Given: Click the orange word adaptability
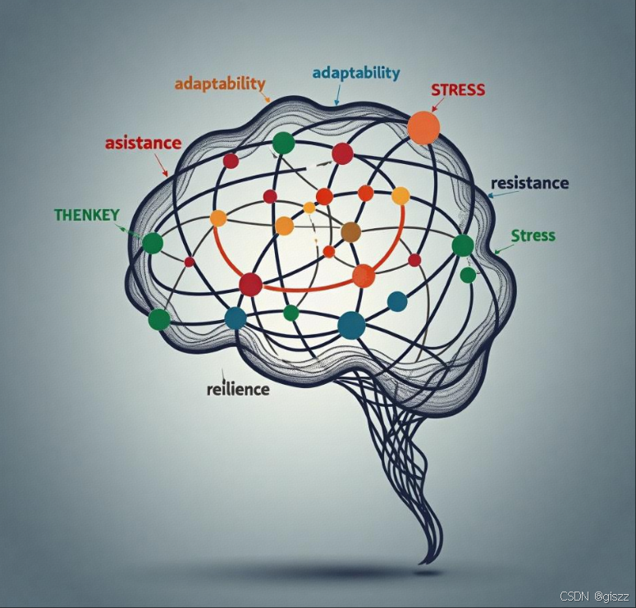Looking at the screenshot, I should (x=220, y=84).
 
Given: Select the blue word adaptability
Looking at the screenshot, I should (x=356, y=72).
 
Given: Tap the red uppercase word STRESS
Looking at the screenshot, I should (x=457, y=89).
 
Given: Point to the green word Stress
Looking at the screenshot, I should (x=533, y=236).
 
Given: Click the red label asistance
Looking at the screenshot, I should (x=143, y=143).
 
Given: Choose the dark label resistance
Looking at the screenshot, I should (x=529, y=183).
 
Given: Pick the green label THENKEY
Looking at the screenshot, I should (x=86, y=215).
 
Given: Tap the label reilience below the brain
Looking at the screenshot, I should (x=238, y=389).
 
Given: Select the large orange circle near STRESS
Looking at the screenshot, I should (x=423, y=128).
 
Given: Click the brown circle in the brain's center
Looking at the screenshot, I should (x=350, y=232).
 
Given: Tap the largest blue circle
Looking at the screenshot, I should (x=351, y=325).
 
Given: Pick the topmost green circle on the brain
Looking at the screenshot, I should (x=283, y=143).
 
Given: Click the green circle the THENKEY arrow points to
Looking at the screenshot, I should (x=153, y=243).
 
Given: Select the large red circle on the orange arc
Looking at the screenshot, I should (x=250, y=285).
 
